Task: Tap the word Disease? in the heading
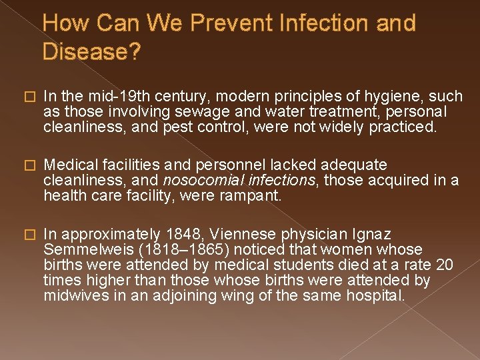[92, 52]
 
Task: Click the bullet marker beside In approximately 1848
[27, 234]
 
